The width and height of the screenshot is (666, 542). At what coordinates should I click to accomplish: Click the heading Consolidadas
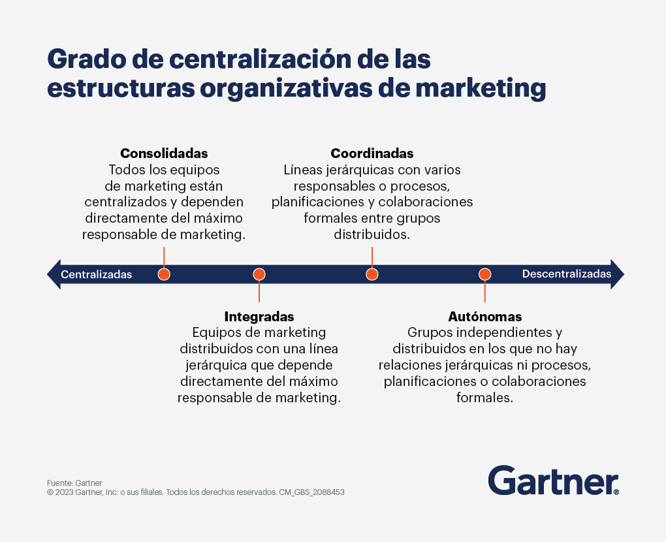(164, 153)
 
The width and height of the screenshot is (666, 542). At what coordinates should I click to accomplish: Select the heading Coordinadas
(372, 153)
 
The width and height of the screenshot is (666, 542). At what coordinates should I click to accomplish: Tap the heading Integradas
(259, 317)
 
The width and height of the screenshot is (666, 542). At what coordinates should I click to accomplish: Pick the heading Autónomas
(485, 317)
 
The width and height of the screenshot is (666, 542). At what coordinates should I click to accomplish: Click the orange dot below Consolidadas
(164, 274)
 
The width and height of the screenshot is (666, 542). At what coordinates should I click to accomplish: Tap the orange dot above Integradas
(259, 274)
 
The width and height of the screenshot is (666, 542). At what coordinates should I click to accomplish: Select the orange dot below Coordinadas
(372, 274)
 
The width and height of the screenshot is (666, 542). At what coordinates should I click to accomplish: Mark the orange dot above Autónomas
(485, 274)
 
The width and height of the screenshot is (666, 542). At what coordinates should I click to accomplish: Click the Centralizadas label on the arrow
(97, 274)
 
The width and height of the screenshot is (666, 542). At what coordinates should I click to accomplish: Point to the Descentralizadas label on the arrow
(567, 274)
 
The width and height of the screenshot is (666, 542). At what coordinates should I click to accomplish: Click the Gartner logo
(554, 481)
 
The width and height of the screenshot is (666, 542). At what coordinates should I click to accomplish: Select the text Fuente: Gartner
(74, 483)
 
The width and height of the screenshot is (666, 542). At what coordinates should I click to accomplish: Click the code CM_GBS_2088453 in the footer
(311, 492)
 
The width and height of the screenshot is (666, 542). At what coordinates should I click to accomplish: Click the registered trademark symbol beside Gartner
(616, 492)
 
